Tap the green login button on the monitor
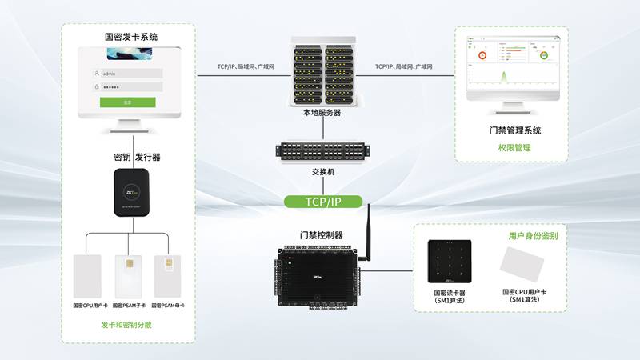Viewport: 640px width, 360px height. tap(128, 102)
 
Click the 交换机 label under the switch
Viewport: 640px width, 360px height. tap(322, 172)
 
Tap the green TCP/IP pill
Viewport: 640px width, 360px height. tap(324, 202)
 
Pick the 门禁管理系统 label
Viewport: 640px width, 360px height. tap(515, 130)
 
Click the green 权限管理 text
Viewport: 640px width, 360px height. tap(515, 148)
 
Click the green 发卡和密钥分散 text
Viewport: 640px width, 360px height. tap(126, 325)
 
